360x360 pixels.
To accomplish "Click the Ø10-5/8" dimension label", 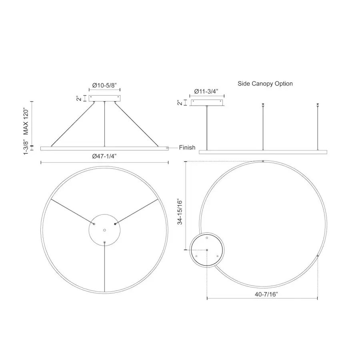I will point(104,85).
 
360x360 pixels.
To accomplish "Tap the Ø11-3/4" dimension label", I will point(206,91).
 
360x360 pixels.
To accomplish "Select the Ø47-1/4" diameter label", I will point(104,156).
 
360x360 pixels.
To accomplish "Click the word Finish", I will point(187,148).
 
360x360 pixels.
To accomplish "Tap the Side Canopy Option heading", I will point(265,84).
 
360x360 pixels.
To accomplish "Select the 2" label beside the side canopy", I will point(180,103).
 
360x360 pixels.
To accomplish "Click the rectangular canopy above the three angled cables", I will point(104,98).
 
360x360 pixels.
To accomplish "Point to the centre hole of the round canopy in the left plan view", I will point(104,230).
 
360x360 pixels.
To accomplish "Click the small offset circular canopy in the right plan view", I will point(207,250).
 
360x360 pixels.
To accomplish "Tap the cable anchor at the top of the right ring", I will point(262,162).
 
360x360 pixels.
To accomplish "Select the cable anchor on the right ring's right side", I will point(317,256).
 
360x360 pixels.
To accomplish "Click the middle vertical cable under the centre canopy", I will point(104,124).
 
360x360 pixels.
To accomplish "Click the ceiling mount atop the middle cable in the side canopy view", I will point(262,105).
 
